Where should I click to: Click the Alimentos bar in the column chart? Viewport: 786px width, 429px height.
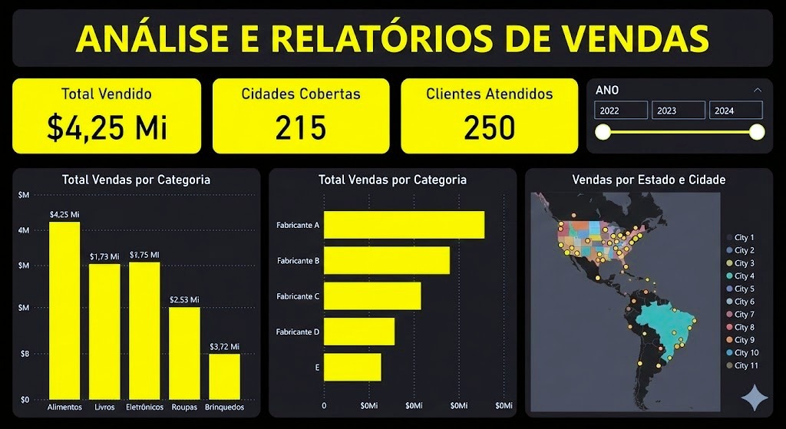(x=64, y=310)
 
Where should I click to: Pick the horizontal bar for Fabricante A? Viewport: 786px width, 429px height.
(x=404, y=225)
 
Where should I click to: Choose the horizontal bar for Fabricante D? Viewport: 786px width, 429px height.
(x=359, y=332)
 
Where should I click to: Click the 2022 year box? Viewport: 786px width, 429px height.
(x=621, y=111)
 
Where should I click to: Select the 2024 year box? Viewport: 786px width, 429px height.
(x=735, y=111)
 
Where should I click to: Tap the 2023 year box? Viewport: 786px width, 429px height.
(x=678, y=111)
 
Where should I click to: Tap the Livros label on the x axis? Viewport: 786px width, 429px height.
(x=104, y=408)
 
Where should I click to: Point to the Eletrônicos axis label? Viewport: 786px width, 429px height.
(x=144, y=408)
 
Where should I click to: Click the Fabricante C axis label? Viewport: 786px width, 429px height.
(x=298, y=296)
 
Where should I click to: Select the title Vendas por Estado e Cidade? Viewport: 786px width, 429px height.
(x=649, y=180)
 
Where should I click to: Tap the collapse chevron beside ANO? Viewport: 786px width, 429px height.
(x=758, y=90)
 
